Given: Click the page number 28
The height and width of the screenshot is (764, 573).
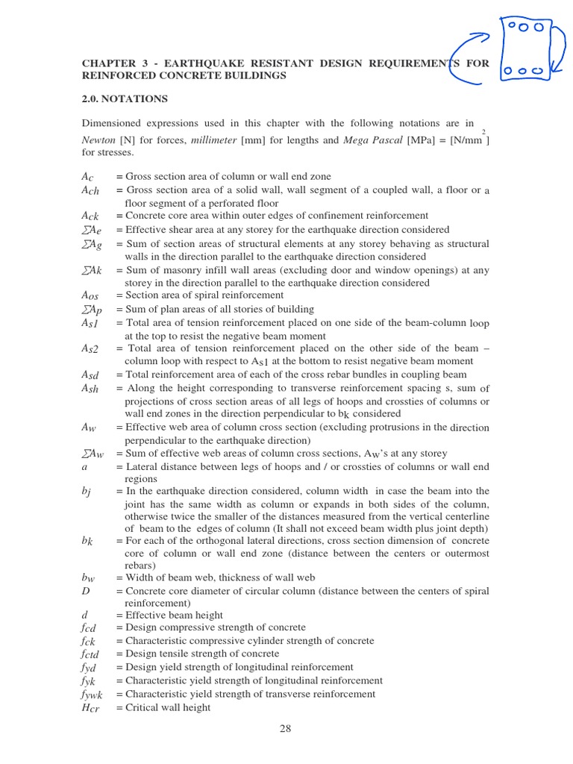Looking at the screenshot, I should (285, 730).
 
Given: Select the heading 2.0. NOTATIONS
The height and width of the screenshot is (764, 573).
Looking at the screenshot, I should (125, 99).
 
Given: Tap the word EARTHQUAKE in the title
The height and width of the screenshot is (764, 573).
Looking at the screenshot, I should (218, 64).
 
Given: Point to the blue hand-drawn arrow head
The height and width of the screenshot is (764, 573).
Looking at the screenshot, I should (485, 35).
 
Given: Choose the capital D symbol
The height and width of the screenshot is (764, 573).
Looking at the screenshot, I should (86, 591).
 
